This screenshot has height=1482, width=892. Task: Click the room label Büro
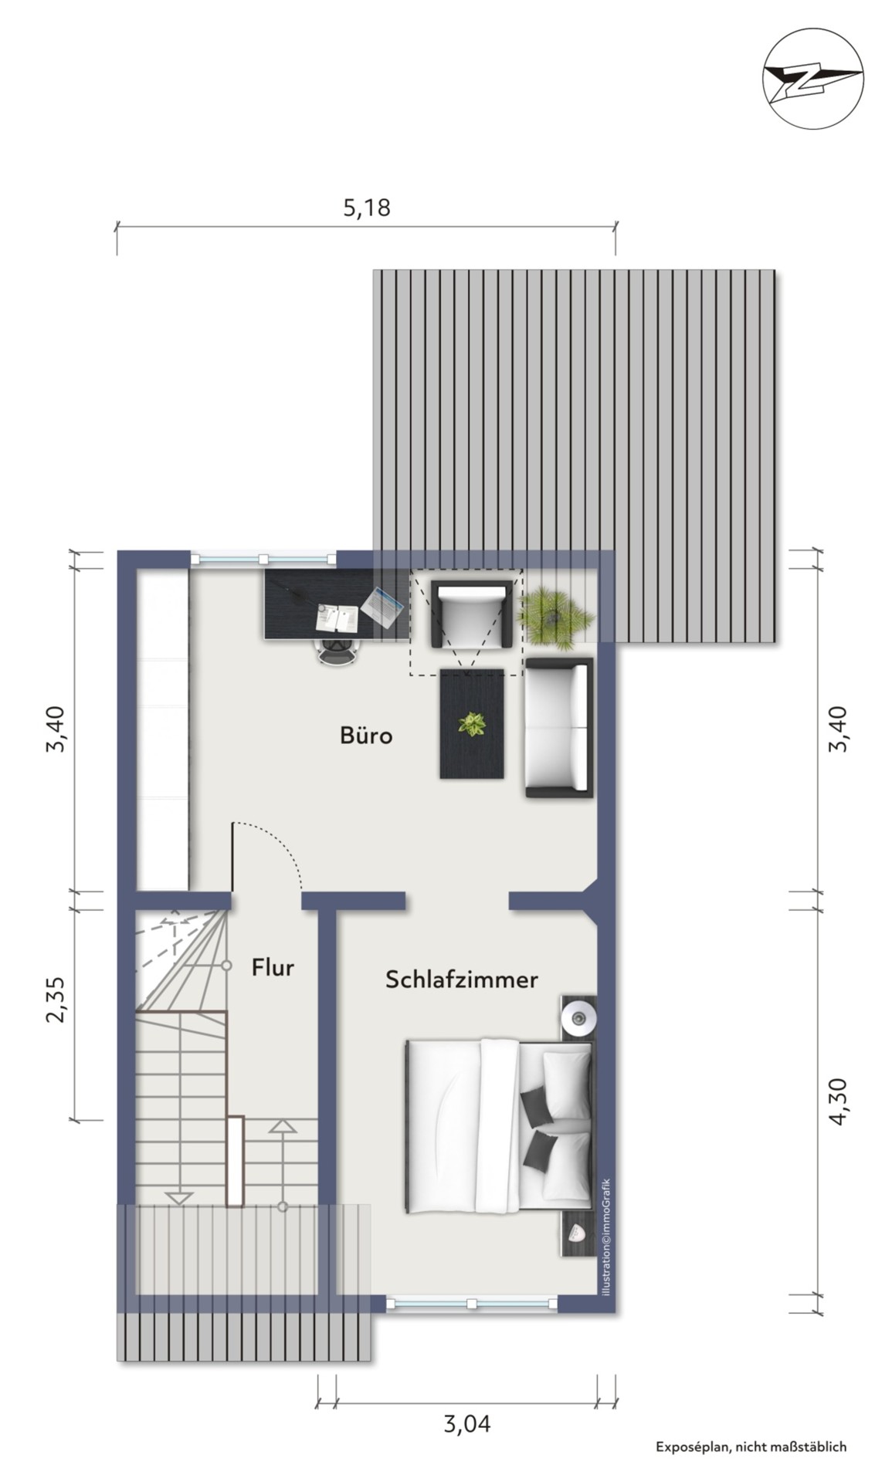365,735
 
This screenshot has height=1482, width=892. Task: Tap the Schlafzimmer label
461,980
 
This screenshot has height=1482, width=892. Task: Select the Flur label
273,967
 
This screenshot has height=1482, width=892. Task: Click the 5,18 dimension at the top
367,208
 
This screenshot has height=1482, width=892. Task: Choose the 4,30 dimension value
837,1102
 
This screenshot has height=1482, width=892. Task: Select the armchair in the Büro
471,614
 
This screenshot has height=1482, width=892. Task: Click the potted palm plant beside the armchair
555,614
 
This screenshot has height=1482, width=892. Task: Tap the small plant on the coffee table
471,724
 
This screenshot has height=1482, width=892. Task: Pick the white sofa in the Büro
559,727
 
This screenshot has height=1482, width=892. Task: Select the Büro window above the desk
263,559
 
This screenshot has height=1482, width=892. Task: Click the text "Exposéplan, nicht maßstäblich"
751,1446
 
